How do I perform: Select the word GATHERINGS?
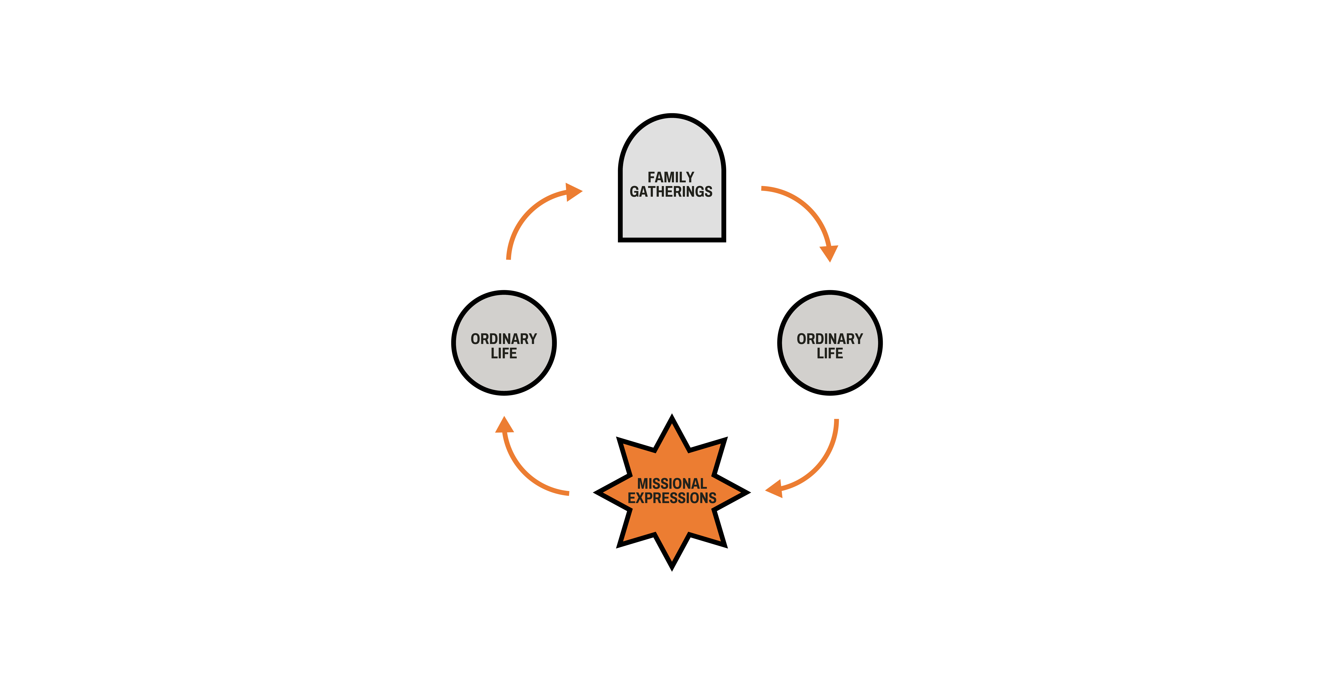(x=671, y=192)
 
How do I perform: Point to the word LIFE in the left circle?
(x=504, y=353)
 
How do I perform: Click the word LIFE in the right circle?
(x=830, y=353)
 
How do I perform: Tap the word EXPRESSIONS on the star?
(x=672, y=498)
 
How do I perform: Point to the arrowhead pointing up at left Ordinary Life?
(x=504, y=425)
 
